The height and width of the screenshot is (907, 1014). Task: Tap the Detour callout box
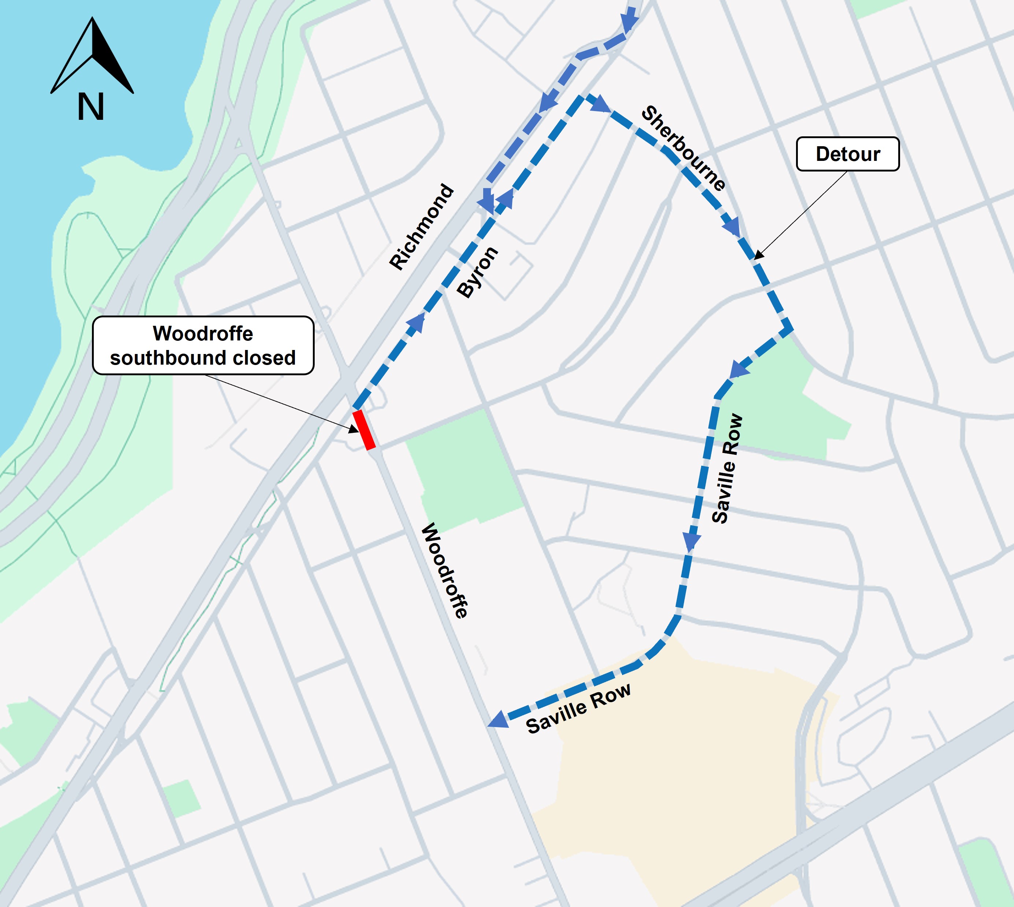click(848, 154)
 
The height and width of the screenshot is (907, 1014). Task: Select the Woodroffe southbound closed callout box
click(203, 345)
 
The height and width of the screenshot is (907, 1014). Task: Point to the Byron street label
click(477, 272)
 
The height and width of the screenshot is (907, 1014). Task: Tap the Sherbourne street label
click(683, 148)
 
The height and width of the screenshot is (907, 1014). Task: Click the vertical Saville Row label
click(727, 468)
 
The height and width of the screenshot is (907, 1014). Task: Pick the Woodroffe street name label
click(445, 571)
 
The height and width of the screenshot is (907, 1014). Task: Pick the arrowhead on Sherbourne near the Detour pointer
click(732, 227)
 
